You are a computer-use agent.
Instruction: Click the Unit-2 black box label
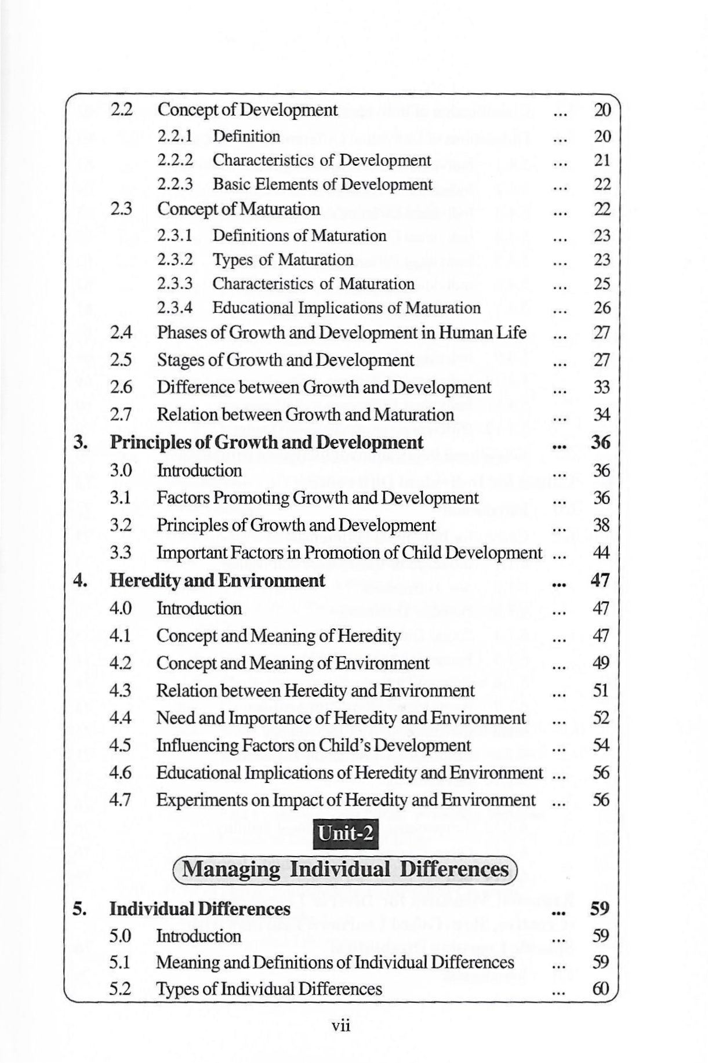[x=346, y=833]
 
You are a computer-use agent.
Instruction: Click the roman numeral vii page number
[x=342, y=1026]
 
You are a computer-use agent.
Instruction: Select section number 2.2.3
[x=175, y=184]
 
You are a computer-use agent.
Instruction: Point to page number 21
[x=602, y=161]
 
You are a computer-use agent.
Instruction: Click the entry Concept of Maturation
[x=238, y=209]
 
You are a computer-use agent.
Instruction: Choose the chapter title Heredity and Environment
[x=217, y=580]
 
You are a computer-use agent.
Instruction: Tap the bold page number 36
[x=601, y=443]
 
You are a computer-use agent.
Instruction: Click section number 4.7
[x=120, y=800]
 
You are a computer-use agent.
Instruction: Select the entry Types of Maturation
[x=282, y=260]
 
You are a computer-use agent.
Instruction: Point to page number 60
[x=601, y=989]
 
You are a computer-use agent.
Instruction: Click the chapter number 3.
[x=80, y=443]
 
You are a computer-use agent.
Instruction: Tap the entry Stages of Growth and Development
[x=285, y=360]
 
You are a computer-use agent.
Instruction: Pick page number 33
[x=602, y=387]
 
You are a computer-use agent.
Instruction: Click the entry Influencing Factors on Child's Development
[x=314, y=745]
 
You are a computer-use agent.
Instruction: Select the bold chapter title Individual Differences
[x=200, y=908]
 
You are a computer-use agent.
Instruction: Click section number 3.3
[x=120, y=552]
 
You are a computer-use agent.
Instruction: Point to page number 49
[x=601, y=663]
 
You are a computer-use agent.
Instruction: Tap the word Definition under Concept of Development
[x=246, y=136]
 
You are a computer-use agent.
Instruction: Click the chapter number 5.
[x=80, y=908]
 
